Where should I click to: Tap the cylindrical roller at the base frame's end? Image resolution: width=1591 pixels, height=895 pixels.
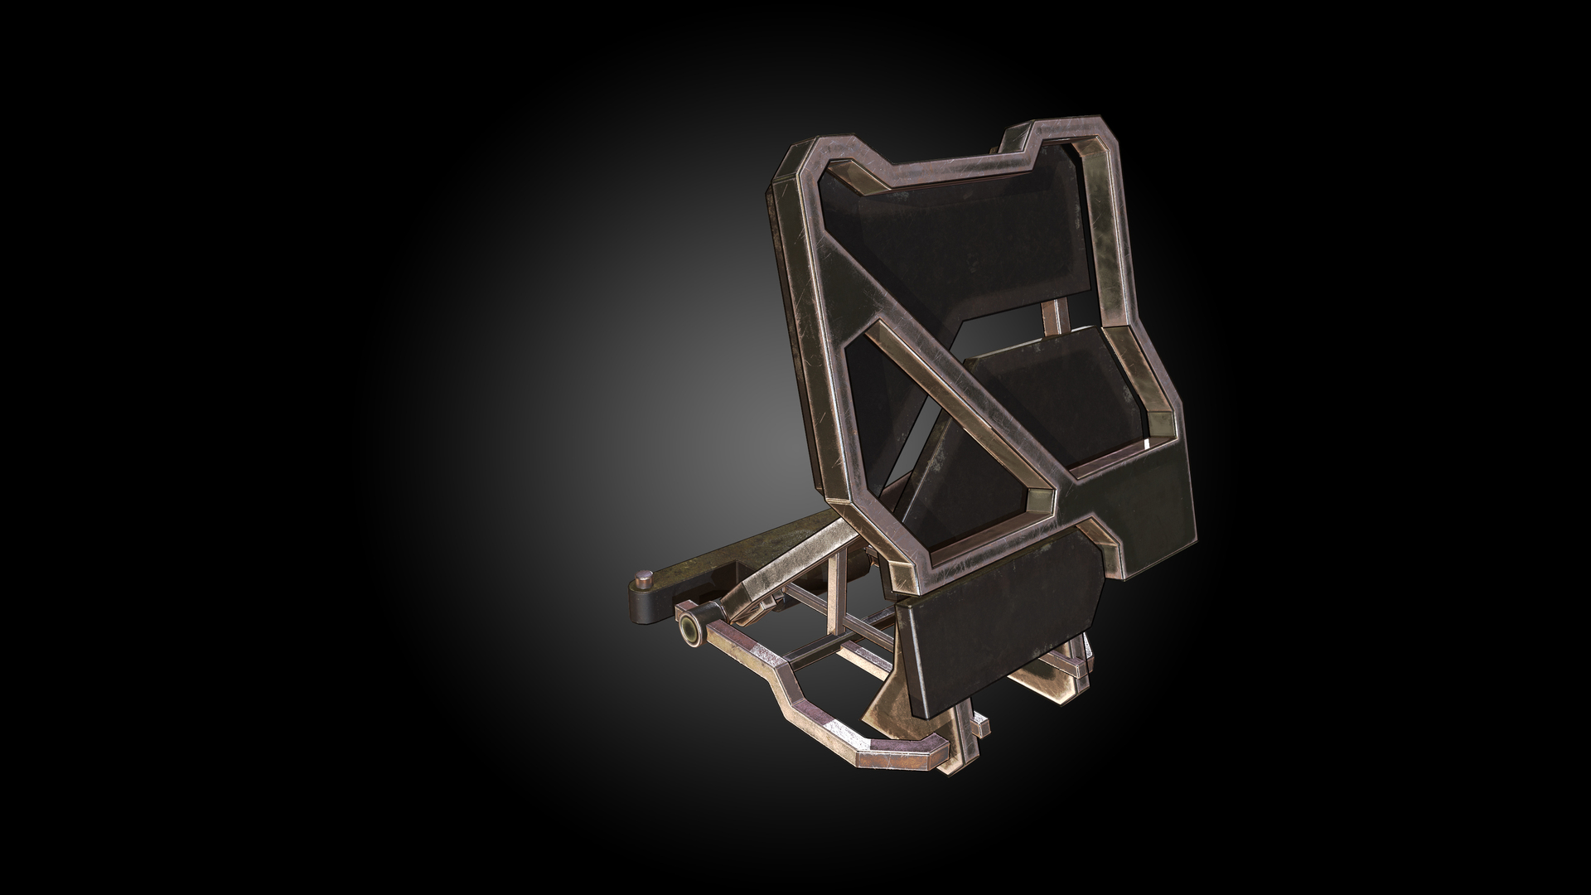pos(688,631)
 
